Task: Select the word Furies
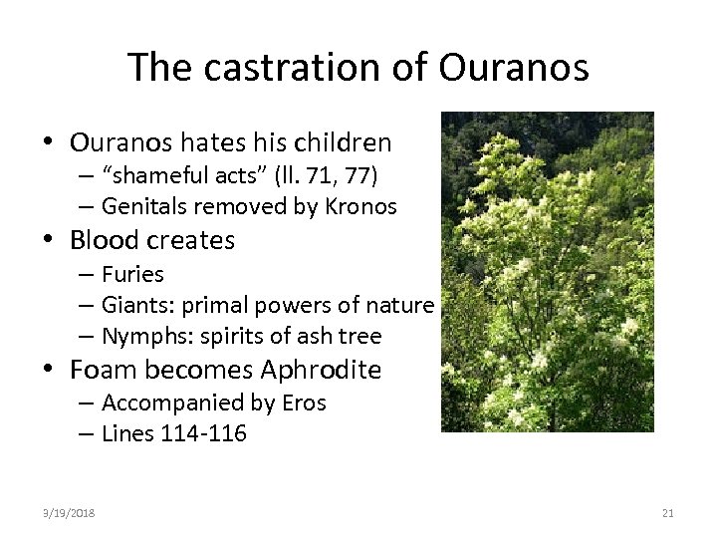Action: coord(132,273)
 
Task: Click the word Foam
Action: coord(103,370)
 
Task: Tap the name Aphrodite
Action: coord(321,370)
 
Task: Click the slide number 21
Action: coord(667,513)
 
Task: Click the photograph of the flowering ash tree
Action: coord(547,271)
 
